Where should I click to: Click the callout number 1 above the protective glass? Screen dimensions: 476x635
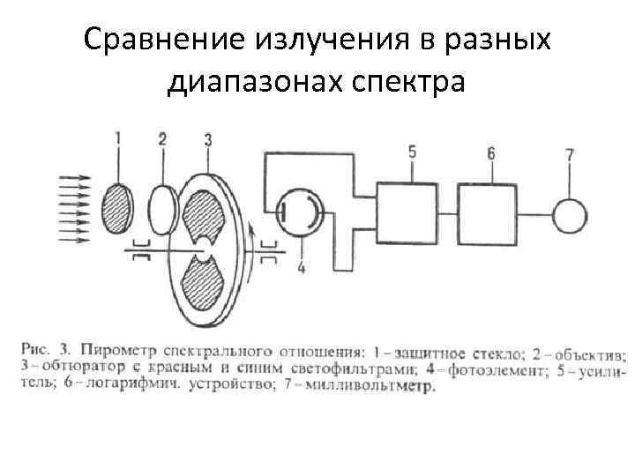[119, 138]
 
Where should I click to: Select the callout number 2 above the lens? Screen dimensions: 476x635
[162, 138]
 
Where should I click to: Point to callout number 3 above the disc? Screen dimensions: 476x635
[207, 138]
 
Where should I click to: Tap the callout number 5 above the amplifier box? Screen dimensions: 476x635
[413, 152]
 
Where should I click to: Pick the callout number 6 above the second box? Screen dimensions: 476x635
[490, 152]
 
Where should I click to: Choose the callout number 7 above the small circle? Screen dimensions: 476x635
[569, 156]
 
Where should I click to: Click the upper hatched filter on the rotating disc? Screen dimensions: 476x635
[205, 216]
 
